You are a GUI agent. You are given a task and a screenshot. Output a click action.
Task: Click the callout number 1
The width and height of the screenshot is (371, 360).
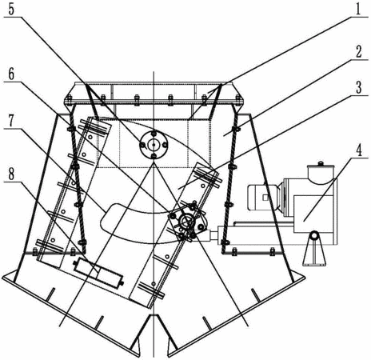[x=358, y=10]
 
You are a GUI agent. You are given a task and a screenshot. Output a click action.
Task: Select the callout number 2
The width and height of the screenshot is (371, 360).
[x=359, y=51]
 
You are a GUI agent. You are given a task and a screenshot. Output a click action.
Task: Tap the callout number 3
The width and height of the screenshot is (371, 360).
[x=359, y=87]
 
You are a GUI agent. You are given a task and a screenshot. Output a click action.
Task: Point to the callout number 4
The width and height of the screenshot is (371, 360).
[x=359, y=150]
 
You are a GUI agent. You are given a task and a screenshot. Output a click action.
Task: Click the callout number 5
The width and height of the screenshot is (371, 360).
[x=12, y=10]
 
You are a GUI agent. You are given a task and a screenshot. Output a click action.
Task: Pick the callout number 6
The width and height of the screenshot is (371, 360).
[x=11, y=74]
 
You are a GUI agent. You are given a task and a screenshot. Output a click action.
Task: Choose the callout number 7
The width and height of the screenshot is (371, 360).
[x=11, y=122]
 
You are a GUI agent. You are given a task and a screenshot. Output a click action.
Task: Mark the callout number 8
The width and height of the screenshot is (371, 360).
[x=11, y=174]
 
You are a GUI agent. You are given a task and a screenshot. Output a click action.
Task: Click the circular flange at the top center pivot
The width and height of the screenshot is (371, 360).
[x=154, y=145]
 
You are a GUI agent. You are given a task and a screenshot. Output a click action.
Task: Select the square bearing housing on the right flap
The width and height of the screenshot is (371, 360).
[x=186, y=221]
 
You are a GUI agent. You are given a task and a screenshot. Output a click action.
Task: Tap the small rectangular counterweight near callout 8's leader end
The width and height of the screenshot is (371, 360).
[x=98, y=274]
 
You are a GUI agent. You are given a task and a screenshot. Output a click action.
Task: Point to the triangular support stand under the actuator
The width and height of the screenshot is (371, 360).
[x=314, y=249]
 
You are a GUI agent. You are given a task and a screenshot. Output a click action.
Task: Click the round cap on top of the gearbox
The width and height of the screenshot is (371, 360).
[x=321, y=174]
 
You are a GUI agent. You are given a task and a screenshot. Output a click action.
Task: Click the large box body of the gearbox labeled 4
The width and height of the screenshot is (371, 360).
[x=313, y=214]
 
